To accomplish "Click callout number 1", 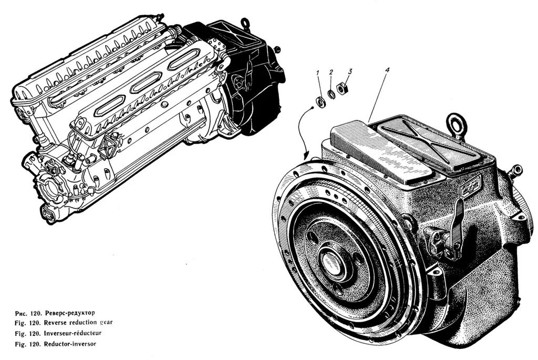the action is (318, 73).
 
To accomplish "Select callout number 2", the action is (331, 72).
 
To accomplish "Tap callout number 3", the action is (349, 71).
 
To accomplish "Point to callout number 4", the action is (387, 70).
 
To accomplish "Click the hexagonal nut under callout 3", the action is (342, 89).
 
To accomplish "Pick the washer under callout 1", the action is (320, 102).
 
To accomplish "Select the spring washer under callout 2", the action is (332, 95).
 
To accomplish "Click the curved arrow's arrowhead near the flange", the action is (306, 155).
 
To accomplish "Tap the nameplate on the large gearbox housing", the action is (471, 186).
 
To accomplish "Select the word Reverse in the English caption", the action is (56, 323).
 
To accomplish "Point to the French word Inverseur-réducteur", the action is (73, 333).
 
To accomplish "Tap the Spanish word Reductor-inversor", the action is (70, 344).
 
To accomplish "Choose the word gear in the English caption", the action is (106, 323).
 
